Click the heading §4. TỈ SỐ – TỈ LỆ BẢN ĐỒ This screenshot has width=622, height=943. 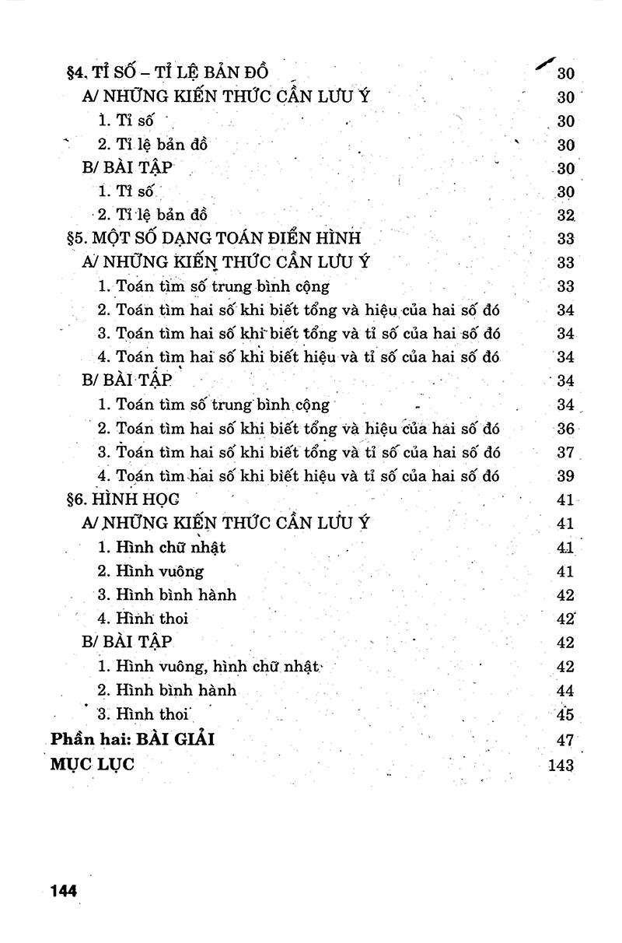click(168, 73)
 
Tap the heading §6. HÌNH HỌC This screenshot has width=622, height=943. click(123, 500)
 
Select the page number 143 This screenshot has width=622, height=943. click(561, 765)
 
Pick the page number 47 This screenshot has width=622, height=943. click(565, 740)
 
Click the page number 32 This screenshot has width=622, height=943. click(565, 216)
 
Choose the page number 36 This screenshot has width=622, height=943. click(565, 429)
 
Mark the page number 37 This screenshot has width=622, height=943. click(565, 453)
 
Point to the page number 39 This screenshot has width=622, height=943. click(565, 476)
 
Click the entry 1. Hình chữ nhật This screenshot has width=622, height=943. click(162, 548)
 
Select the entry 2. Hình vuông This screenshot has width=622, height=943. click(151, 572)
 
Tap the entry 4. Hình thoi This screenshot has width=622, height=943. click(143, 619)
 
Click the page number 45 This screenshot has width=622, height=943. click(565, 714)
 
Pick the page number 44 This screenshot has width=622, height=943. click(565, 691)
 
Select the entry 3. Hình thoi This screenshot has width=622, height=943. click(144, 714)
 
